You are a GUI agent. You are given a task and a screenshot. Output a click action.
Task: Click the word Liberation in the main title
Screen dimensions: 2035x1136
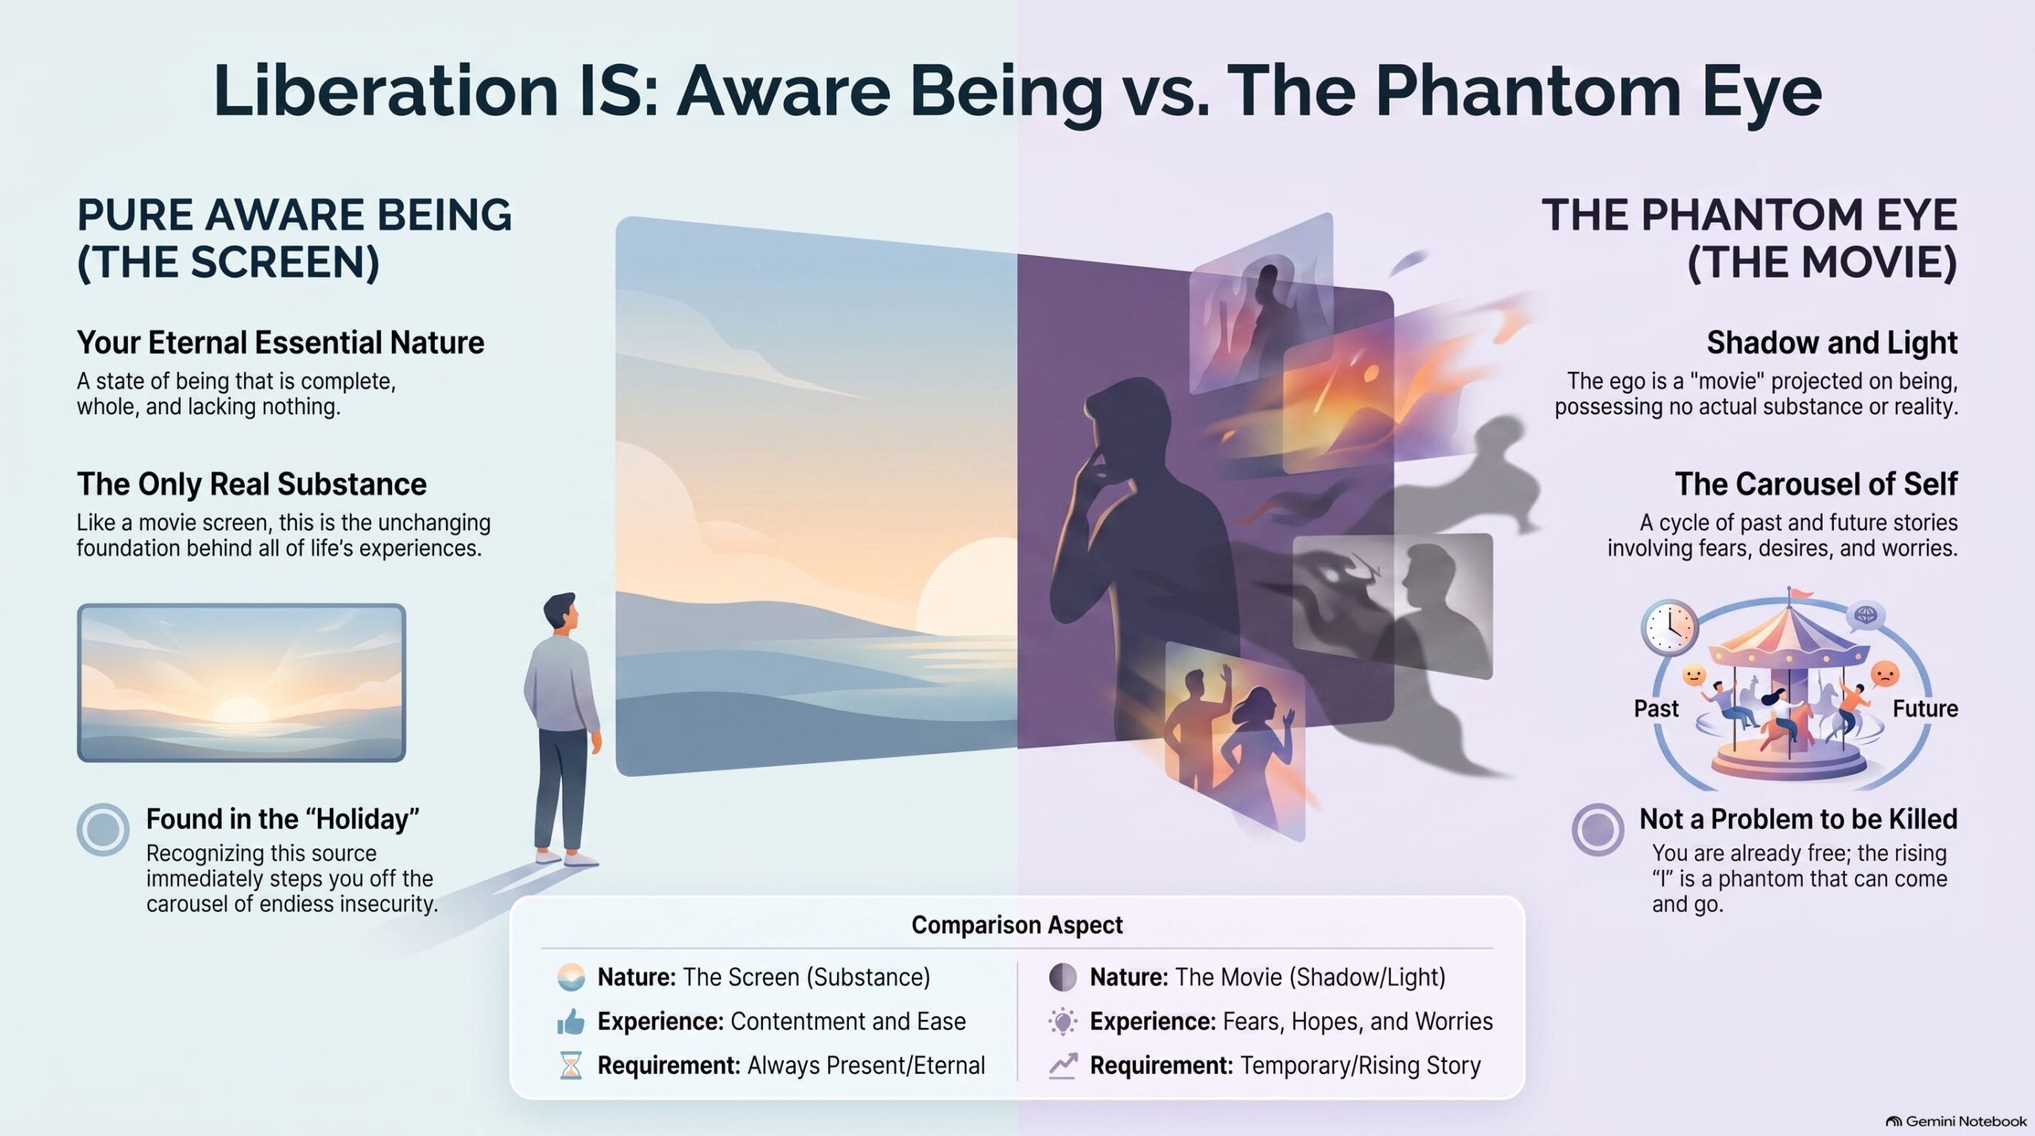tap(386, 91)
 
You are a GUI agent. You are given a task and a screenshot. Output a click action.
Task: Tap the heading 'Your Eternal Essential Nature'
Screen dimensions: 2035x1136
tap(281, 343)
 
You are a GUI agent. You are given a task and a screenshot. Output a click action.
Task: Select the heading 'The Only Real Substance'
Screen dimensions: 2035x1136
tap(251, 484)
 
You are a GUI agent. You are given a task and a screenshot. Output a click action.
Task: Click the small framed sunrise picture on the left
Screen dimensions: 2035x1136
tap(242, 683)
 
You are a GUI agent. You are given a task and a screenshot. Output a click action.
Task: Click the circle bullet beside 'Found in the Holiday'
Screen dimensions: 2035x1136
tap(103, 829)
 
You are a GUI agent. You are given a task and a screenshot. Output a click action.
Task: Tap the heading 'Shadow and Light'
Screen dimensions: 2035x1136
tap(1831, 343)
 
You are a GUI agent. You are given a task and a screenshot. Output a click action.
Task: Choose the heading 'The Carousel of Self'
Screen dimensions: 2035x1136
tap(1816, 484)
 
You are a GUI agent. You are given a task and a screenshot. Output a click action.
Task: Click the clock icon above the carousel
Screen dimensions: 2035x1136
tap(1669, 628)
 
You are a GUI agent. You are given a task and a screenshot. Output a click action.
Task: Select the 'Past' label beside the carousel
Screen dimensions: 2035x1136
tap(1656, 708)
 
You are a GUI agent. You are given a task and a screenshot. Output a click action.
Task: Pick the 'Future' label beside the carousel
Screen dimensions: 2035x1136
tap(1925, 708)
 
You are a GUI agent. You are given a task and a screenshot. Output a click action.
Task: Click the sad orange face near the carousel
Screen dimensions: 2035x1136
tap(1885, 675)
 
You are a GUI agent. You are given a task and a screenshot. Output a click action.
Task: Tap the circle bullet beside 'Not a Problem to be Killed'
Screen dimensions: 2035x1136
tap(1598, 829)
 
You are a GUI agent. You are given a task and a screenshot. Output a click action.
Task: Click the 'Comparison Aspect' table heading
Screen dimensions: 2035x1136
tap(1017, 925)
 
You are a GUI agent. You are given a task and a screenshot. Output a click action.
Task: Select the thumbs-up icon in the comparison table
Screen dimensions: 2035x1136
tap(571, 1022)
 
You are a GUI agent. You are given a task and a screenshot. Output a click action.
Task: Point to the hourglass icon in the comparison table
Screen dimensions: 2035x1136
tap(571, 1066)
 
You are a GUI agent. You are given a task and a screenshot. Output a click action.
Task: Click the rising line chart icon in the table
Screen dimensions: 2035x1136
tap(1063, 1066)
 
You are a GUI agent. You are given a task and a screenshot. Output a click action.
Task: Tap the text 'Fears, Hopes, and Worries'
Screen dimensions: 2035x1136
tap(1358, 1022)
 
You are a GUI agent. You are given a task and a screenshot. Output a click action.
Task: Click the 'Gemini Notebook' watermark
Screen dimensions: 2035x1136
tap(1956, 1121)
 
